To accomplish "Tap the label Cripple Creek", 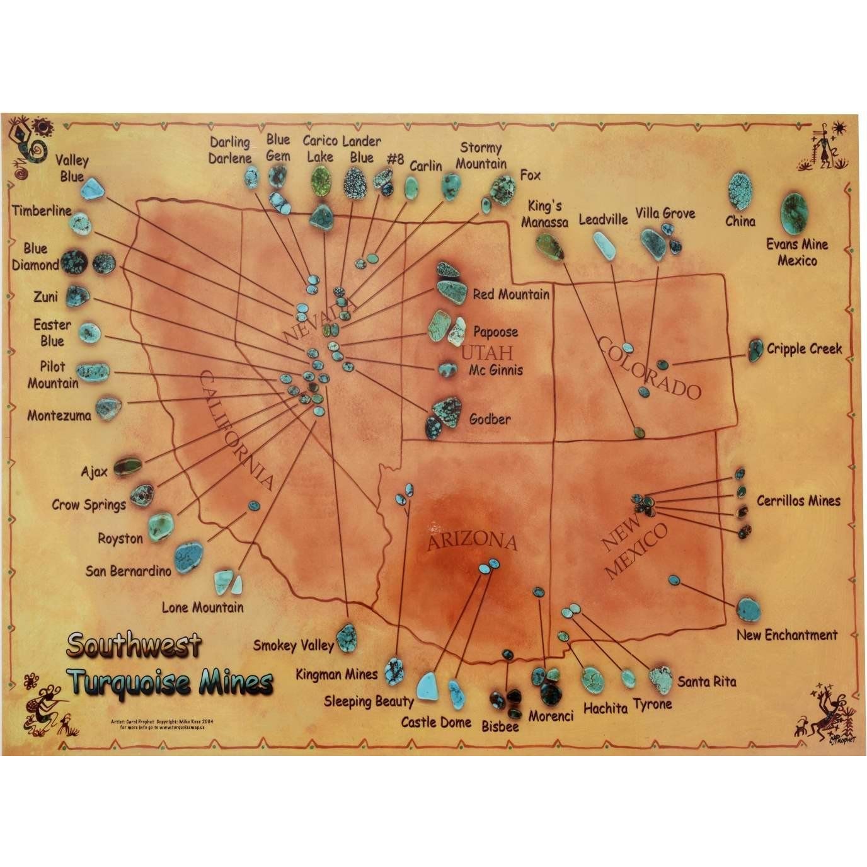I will pos(804,348).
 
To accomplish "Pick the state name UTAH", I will pos(488,352).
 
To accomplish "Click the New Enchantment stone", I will pos(749,609).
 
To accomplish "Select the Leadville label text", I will pos(603,219).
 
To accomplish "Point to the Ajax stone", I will pos(126,466).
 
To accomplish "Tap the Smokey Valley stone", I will pos(347,637).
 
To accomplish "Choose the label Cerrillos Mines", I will pos(798,501).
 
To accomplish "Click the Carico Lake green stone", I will pos(321,180).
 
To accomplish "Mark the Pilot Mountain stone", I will pos(93,370).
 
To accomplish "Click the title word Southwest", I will pos(134,645).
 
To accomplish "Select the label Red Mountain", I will pos(511,294).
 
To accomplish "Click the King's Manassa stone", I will pos(548,246).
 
